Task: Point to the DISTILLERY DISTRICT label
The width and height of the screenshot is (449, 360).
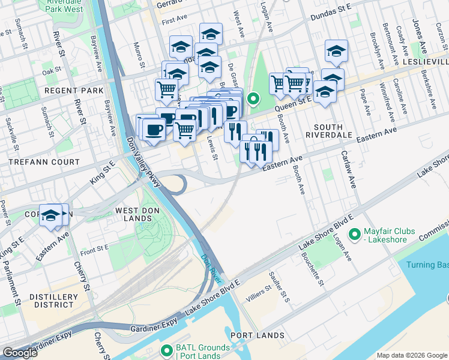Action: click(56, 301)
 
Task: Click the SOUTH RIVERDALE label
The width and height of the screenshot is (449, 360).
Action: click(336, 131)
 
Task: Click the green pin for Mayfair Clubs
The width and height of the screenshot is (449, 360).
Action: click(354, 233)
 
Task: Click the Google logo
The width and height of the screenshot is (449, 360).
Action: click(20, 353)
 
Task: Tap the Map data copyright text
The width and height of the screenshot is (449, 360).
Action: click(412, 355)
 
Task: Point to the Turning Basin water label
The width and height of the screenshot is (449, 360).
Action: click(427, 265)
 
